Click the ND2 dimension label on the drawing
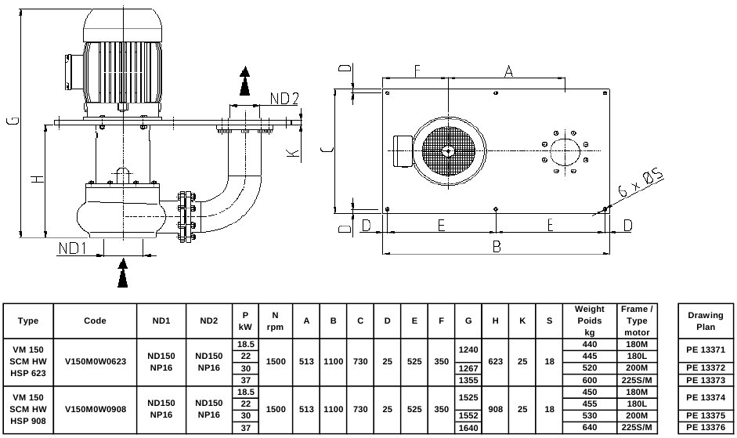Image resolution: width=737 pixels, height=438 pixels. [x=284, y=99]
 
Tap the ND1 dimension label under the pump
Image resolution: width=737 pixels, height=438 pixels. [x=72, y=248]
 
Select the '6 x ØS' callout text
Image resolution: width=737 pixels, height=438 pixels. [x=640, y=183]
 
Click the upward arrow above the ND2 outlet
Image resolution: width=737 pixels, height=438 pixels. [x=244, y=81]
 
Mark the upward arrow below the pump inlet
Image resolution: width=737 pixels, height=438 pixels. [x=123, y=273]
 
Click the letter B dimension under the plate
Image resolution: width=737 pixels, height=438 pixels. [x=497, y=246]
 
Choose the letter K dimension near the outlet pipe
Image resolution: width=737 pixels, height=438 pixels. [x=293, y=154]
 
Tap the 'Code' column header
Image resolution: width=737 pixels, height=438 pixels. [x=95, y=320]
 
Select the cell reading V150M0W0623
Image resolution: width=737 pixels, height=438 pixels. [x=96, y=361]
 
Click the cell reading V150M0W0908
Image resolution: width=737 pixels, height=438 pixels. [x=96, y=409]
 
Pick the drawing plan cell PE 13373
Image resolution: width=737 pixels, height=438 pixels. [x=706, y=380]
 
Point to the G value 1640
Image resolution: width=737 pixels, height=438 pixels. [x=468, y=428]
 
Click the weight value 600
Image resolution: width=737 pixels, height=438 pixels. [x=590, y=380]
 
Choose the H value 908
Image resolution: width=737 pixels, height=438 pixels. [x=496, y=409]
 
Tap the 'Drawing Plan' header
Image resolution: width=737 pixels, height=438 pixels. [x=706, y=320]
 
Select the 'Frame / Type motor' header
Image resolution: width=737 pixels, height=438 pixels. [x=637, y=320]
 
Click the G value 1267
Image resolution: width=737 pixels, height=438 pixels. [x=468, y=368]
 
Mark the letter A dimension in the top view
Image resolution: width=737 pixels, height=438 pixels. [x=508, y=71]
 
